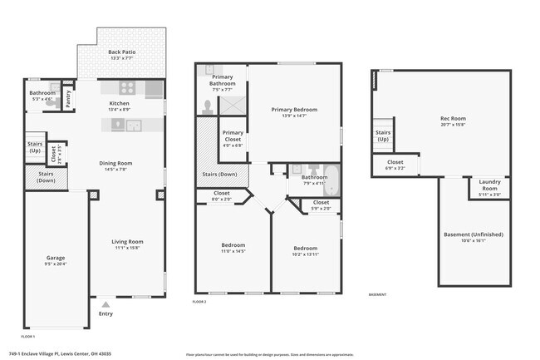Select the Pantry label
point(69,96)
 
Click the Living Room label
point(128,241)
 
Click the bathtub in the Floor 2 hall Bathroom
point(331,175)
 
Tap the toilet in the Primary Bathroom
point(208,106)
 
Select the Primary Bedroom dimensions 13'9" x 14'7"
point(295,116)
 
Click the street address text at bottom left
point(66,353)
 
